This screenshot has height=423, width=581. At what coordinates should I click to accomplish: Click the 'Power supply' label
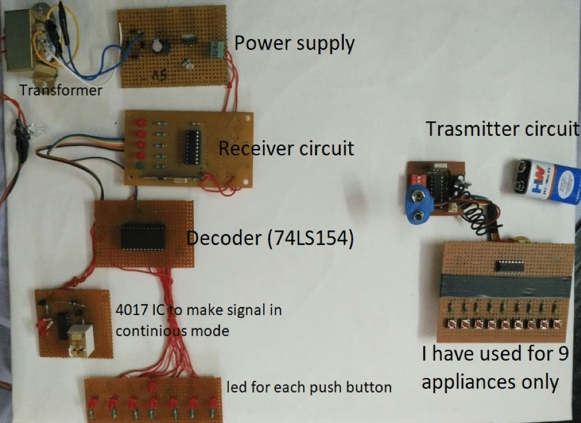(x=294, y=44)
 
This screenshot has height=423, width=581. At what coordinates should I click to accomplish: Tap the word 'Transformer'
(x=61, y=90)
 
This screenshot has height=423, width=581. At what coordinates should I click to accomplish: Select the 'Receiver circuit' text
(x=286, y=148)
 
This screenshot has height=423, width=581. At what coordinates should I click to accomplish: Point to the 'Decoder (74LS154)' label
(x=270, y=239)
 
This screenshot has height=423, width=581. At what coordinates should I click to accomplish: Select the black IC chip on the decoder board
(x=143, y=236)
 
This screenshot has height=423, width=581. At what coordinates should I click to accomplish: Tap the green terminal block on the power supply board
(x=218, y=49)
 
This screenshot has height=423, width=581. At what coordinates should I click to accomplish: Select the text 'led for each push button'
(x=309, y=387)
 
